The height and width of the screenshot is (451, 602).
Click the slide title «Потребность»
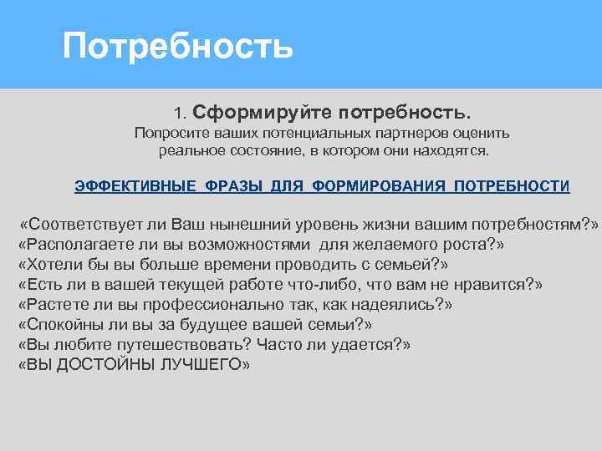[178, 46]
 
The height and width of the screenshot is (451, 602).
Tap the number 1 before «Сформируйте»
[178, 112]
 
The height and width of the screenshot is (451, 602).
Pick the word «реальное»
[188, 152]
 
